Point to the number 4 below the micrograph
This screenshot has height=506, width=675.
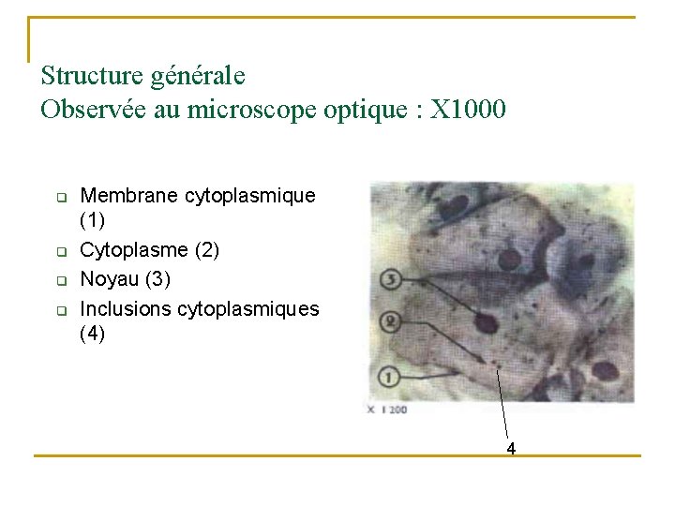coord(511,449)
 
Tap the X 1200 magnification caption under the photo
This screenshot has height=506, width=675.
coord(387,409)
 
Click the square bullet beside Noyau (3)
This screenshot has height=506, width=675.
coord(59,280)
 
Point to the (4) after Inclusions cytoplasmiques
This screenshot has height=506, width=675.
coord(93,333)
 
